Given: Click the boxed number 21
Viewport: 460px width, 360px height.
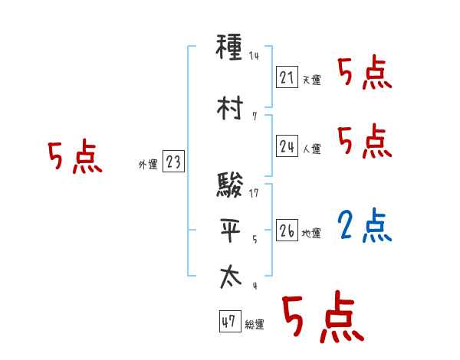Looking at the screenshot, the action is [287, 77].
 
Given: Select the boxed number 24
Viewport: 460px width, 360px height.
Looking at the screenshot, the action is [287, 146].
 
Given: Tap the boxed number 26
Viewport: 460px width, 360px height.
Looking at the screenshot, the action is [287, 231].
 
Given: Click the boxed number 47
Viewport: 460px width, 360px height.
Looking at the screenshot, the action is [229, 322].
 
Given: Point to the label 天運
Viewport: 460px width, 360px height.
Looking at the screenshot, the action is [311, 80].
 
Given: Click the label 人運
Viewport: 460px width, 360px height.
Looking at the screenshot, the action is [311, 149].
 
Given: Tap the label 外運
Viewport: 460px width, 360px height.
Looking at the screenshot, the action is [147, 164].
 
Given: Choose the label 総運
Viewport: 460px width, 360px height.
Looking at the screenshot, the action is [255, 325].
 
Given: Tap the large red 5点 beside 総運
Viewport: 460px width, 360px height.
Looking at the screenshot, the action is [322, 318].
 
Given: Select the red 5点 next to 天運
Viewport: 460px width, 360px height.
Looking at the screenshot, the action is [365, 74].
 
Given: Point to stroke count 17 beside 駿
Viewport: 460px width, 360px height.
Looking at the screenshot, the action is [255, 192].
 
